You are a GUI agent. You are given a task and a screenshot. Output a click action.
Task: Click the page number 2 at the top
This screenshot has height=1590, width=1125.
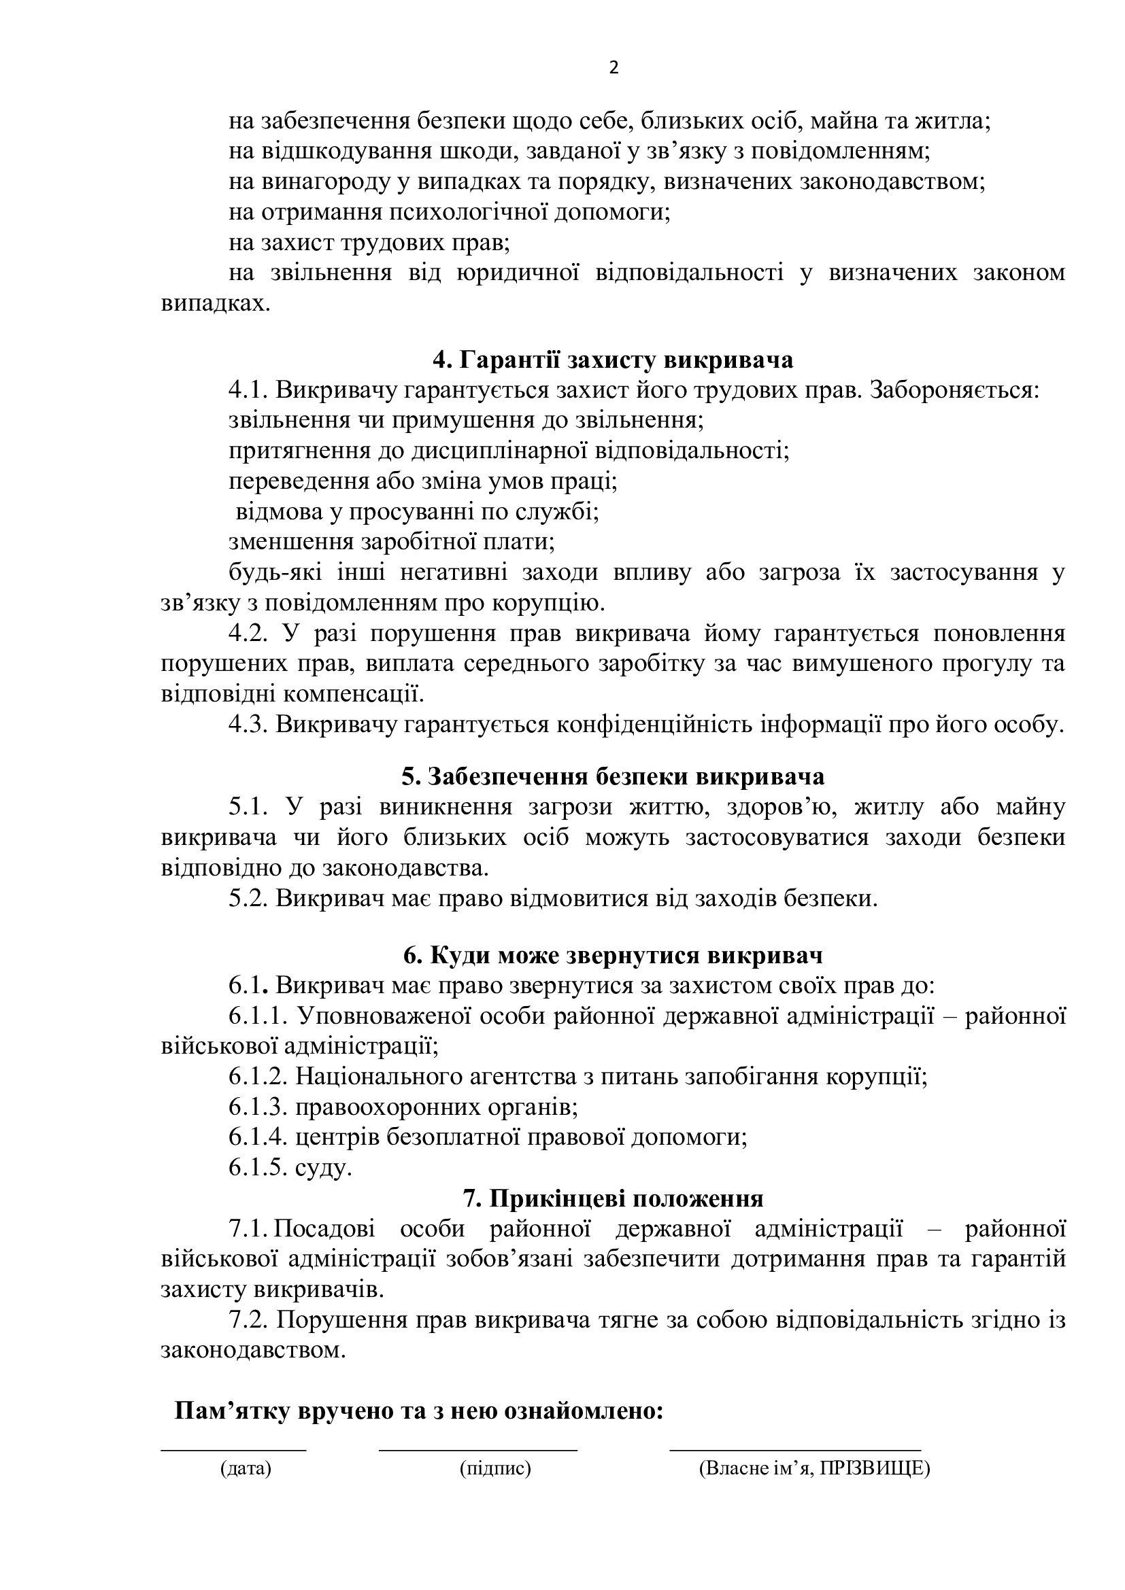pos(613,68)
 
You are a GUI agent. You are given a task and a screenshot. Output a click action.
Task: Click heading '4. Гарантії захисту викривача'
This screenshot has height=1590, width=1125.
pos(613,360)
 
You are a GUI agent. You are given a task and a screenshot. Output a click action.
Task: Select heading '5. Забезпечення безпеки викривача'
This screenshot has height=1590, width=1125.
pos(613,776)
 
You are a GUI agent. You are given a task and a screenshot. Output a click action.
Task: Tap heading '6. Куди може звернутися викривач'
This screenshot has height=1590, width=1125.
pos(613,956)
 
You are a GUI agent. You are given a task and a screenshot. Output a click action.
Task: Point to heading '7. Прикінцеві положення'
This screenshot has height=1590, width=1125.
pos(613,1198)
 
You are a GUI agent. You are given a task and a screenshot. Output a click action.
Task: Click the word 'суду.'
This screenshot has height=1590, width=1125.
pos(324,1169)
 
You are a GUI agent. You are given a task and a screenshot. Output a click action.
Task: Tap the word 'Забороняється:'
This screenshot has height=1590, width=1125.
pos(954,391)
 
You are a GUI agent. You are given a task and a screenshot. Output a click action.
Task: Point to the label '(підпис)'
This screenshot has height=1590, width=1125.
pos(495,1468)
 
